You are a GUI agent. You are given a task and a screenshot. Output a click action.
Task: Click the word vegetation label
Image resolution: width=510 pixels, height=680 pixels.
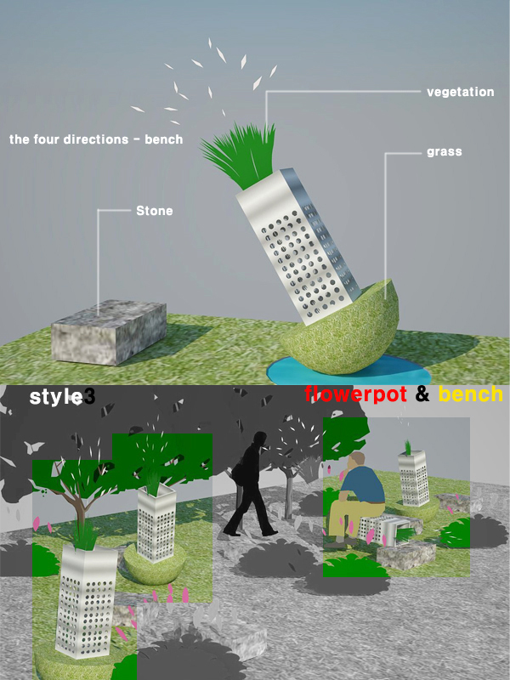(460, 92)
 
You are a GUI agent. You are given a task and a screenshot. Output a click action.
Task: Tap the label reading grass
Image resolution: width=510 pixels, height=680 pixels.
(444, 152)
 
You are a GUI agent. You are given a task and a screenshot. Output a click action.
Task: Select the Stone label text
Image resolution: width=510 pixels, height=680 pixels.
(155, 211)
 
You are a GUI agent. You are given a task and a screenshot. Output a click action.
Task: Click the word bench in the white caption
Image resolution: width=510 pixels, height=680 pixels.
(163, 139)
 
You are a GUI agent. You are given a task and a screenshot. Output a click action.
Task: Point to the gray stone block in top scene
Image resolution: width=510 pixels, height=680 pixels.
(109, 331)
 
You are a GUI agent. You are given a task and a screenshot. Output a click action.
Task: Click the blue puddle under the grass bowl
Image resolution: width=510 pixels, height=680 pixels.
(347, 370)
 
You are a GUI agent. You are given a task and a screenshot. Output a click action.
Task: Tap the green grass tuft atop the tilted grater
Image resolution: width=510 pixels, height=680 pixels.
(240, 154)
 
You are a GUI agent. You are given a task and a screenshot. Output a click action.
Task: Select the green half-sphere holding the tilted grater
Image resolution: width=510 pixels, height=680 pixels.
(343, 330)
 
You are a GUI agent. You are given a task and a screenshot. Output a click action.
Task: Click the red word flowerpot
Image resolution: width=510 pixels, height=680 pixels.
(355, 394)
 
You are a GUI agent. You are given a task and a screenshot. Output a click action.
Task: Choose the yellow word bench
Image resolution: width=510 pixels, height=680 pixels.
(471, 394)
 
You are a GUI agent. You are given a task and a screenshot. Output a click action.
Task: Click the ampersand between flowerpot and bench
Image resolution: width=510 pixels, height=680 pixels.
(422, 394)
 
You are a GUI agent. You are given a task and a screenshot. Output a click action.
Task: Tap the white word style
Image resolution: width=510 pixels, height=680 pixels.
(55, 396)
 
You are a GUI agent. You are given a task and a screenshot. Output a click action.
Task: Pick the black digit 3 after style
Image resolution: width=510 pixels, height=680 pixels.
(89, 396)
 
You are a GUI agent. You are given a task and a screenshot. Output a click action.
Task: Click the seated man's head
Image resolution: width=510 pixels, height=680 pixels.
(357, 461)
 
